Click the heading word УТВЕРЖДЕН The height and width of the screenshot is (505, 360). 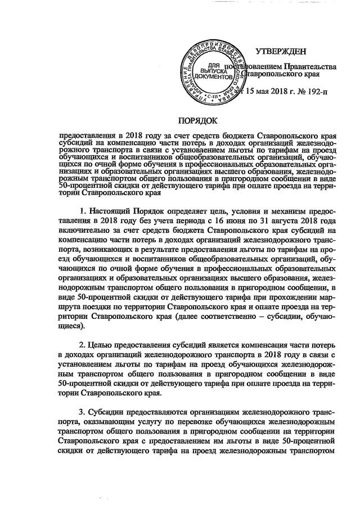pos(281,52)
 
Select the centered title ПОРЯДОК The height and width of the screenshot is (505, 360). pos(197,121)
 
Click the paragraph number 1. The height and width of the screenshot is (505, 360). pos(83,211)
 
